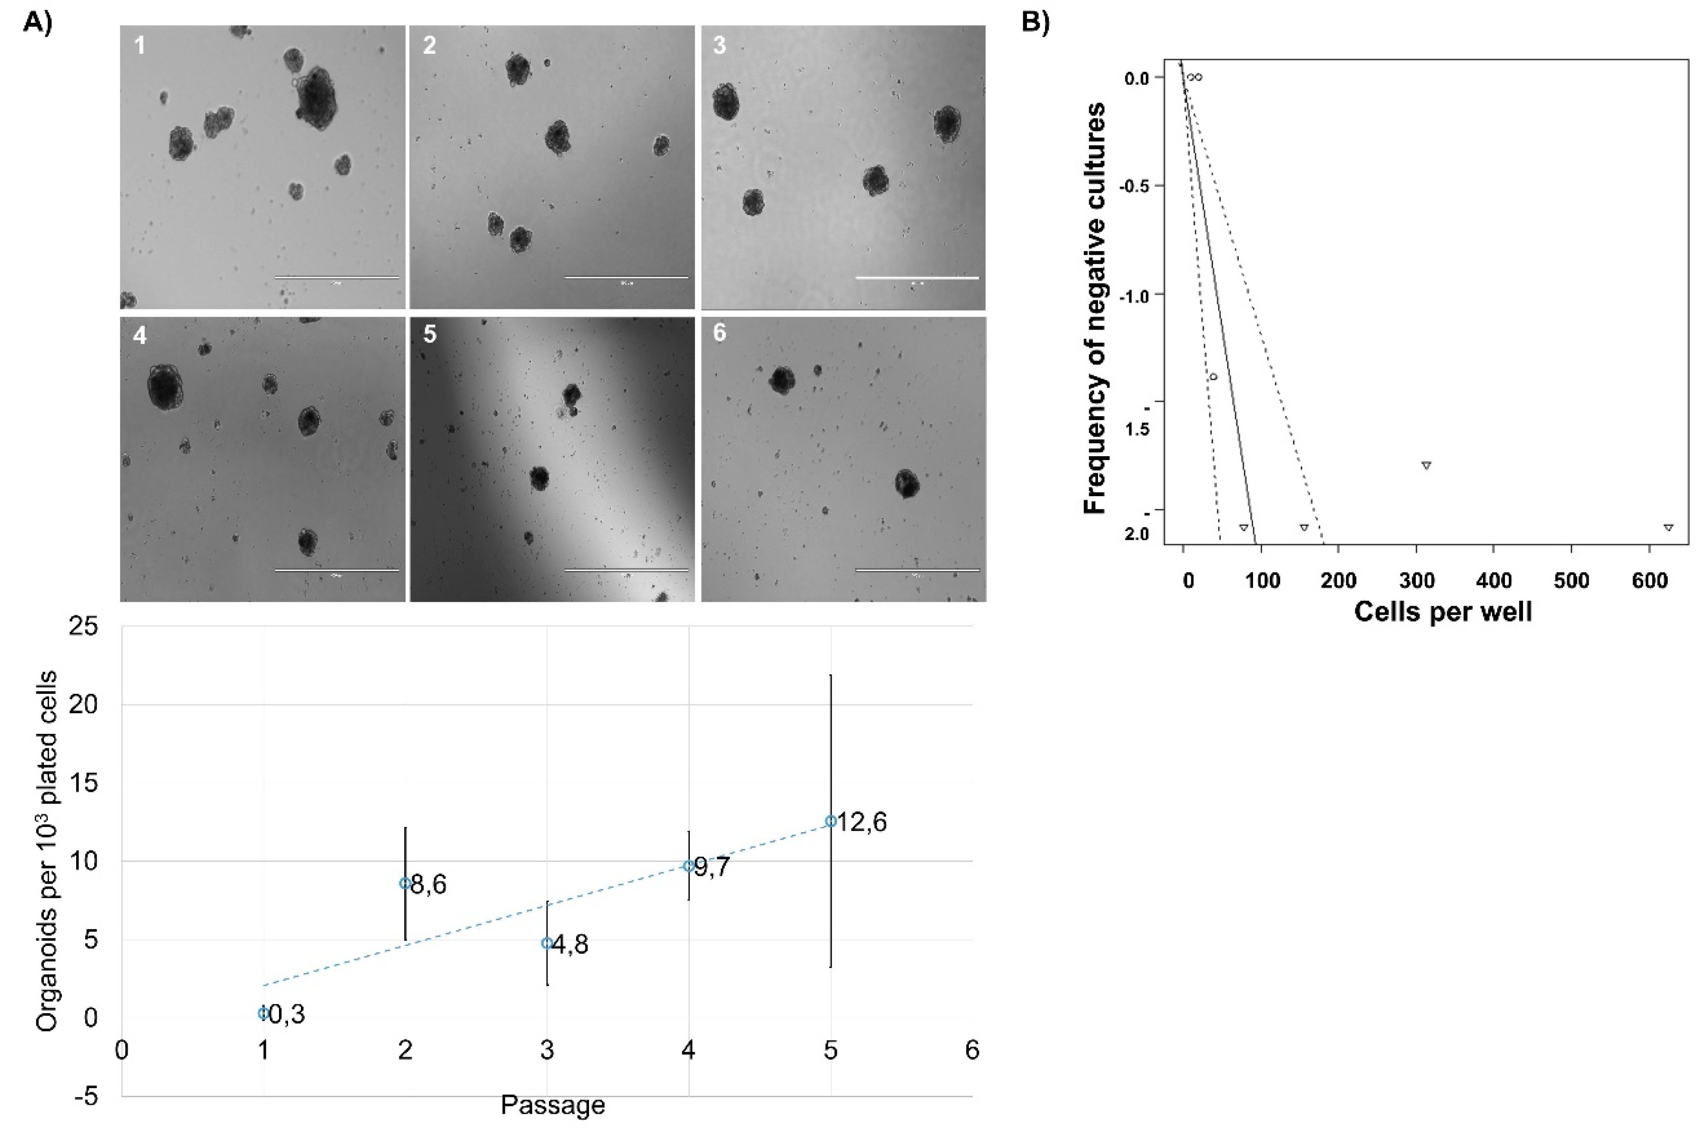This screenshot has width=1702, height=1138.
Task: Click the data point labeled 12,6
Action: pyautogui.click(x=831, y=821)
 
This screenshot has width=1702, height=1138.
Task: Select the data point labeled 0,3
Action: pyautogui.click(x=263, y=1013)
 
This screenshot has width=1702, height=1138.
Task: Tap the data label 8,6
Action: pyautogui.click(x=429, y=885)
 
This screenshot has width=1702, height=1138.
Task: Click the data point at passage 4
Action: pyautogui.click(x=688, y=865)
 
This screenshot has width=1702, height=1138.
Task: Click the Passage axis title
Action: pyautogui.click(x=553, y=1105)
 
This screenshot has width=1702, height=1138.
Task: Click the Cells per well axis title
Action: pyautogui.click(x=1442, y=611)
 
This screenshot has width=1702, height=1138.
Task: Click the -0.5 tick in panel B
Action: pyautogui.click(x=1136, y=186)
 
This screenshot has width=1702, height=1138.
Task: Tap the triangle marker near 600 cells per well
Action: pyautogui.click(x=1668, y=528)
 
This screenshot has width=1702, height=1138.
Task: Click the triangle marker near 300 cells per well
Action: pyautogui.click(x=1426, y=465)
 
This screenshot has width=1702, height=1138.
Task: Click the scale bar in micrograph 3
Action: pyautogui.click(x=917, y=277)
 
